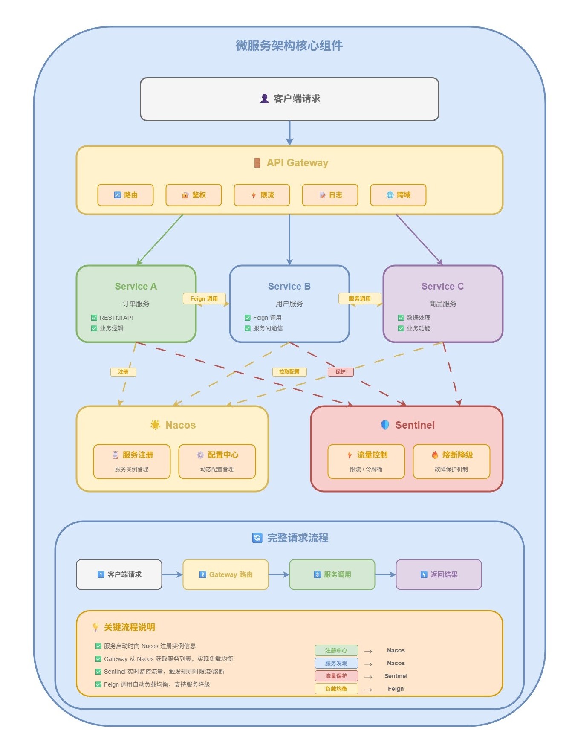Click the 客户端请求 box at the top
point(289,99)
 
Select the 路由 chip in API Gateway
point(125,195)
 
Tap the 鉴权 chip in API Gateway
point(194,195)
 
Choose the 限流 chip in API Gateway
point(262,195)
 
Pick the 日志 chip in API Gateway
point(330,195)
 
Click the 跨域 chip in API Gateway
point(398,195)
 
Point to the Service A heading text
point(136,286)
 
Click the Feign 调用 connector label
point(204,298)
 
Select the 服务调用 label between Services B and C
point(360,298)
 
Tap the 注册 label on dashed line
point(123,372)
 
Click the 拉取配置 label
point(289,372)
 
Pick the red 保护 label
point(341,372)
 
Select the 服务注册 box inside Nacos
point(132,461)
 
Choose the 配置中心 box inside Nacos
point(217,461)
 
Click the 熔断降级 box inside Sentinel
point(451,461)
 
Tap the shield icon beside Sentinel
point(385,425)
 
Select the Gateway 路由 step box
point(225,574)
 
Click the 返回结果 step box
point(439,574)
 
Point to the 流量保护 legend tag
point(336,676)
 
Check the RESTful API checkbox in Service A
point(94,318)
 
